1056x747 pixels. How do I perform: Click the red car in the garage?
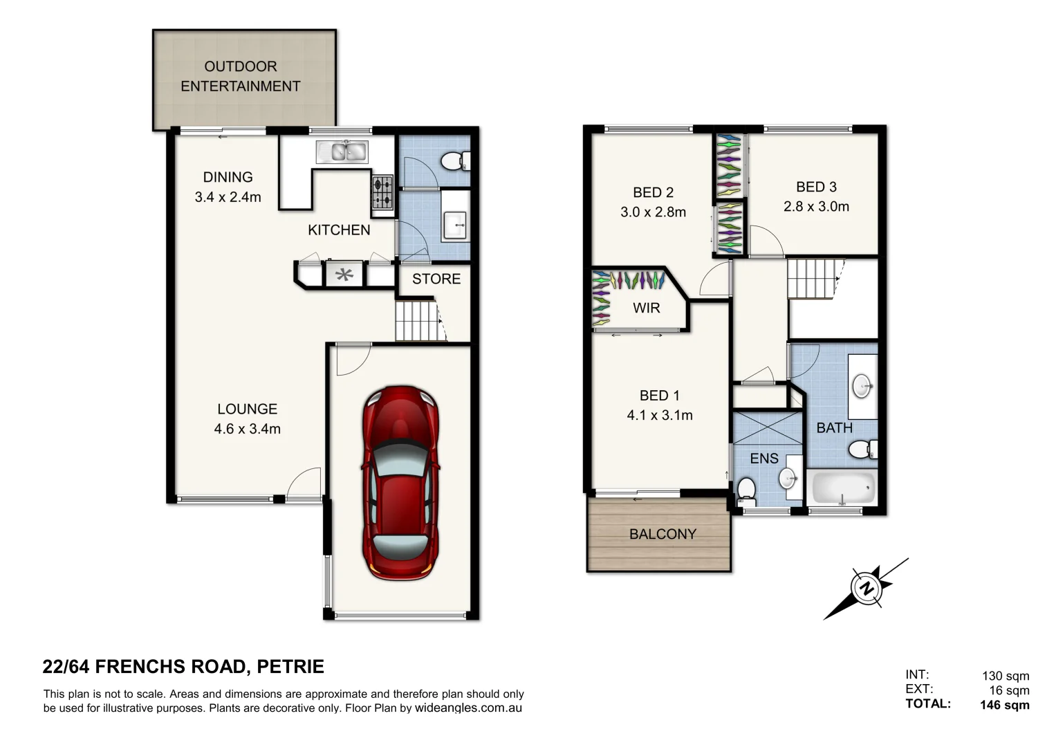pos(400,483)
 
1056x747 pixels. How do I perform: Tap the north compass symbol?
pos(866,589)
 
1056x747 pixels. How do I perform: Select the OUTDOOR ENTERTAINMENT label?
pos(241,76)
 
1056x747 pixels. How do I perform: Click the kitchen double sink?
pos(342,151)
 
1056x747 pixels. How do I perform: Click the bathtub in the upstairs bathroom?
pos(842,488)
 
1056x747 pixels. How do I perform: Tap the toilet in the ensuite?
pos(746,490)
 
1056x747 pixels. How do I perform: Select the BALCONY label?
pos(663,534)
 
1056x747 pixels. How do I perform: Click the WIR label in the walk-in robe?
pos(647,308)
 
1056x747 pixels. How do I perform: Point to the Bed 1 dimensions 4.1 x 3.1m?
pos(660,415)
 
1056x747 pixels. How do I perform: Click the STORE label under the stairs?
pos(436,279)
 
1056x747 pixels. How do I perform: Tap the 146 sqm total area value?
pos(1004,705)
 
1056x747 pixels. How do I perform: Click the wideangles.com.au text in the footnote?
pos(468,708)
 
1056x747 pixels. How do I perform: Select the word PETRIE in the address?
pos(290,667)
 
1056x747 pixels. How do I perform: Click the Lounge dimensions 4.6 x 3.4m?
pos(248,429)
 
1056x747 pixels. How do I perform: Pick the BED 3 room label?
pos(816,187)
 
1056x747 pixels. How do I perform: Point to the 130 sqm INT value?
pos(1006,676)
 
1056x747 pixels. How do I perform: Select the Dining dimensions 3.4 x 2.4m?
pos(228,197)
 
